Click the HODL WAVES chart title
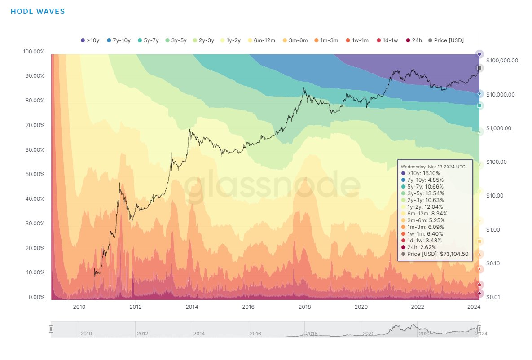click(38, 12)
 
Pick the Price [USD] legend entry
click(446, 40)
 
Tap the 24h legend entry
click(413, 40)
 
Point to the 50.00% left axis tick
click(33, 174)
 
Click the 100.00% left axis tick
click(33, 52)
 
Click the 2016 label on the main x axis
click(248, 307)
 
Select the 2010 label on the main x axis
click(79, 307)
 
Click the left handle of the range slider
click(51, 329)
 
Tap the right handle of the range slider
click(479, 329)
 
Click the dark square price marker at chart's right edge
click(479, 68)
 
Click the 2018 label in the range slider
click(312, 334)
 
